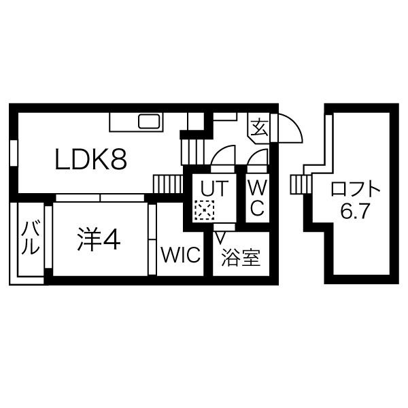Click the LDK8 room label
tap(91, 159)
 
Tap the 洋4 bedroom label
tap(99, 239)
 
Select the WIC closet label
tap(181, 255)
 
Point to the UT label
tap(214, 188)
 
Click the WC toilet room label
tap(257, 198)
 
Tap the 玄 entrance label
tap(260, 127)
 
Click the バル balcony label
tap(31, 237)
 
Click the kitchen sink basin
tap(149, 121)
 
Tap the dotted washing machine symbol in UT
tap(205, 210)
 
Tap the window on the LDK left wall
tap(14, 153)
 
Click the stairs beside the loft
tap(301, 184)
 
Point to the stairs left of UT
tap(168, 184)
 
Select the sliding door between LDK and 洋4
tap(100, 198)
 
